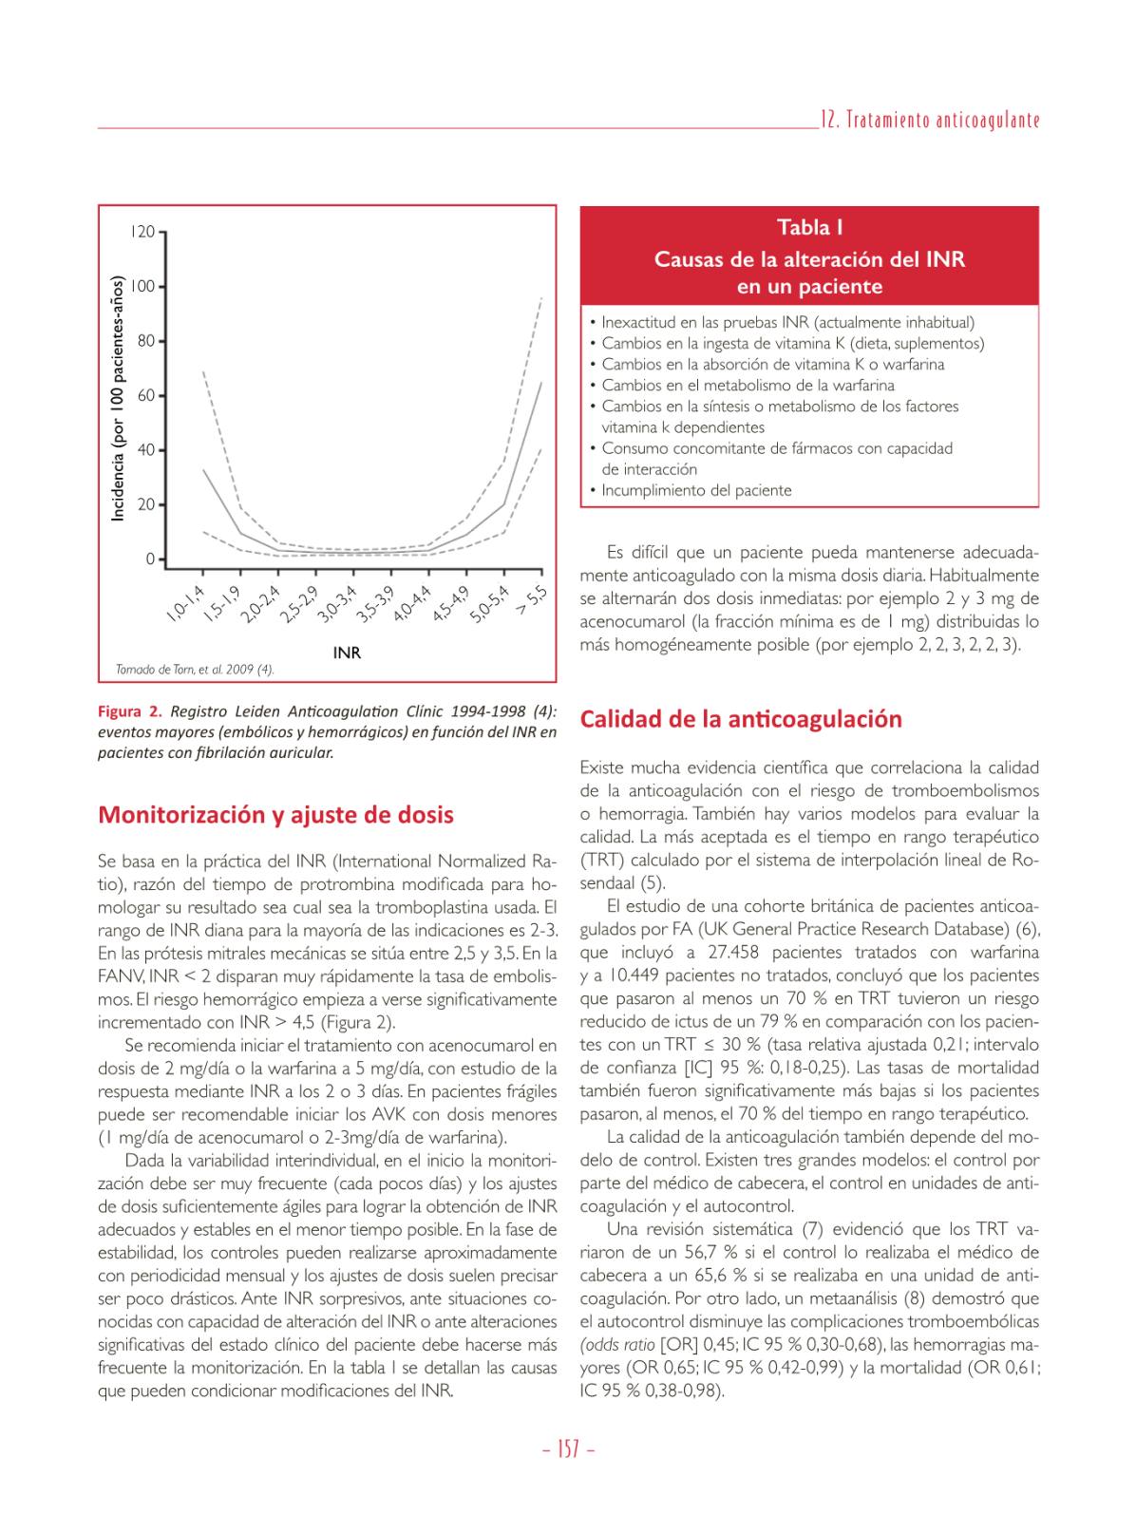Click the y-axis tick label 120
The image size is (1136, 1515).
click(142, 232)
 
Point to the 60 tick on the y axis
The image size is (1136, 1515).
click(146, 395)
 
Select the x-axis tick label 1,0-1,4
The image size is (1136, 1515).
click(186, 605)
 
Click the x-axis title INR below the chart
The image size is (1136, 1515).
click(347, 653)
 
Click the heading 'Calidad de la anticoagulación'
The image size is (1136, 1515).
click(741, 719)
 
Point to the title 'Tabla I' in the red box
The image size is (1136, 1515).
click(809, 228)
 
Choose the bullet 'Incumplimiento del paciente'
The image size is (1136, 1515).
click(696, 490)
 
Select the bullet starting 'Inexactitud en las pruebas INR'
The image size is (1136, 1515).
click(787, 322)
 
